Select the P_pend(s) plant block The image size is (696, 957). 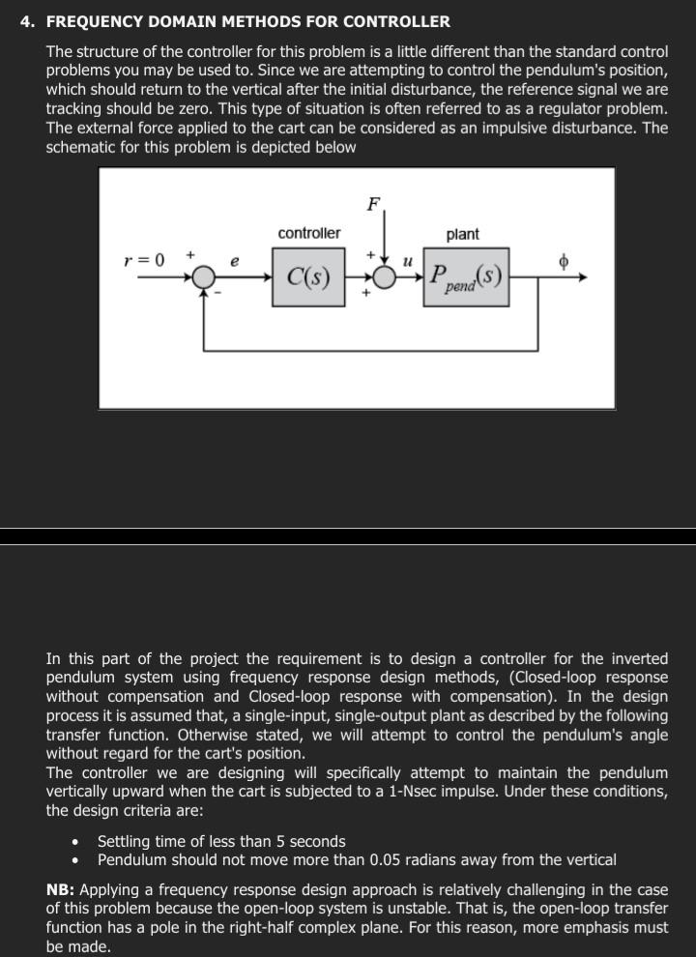point(465,277)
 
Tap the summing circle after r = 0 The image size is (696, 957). point(203,277)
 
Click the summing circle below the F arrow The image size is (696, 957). point(385,277)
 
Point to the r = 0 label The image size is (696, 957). point(144,260)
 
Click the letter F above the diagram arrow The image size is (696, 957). point(373,204)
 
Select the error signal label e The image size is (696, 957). point(235,261)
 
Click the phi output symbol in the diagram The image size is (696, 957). point(564,261)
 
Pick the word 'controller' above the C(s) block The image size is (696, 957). point(308,234)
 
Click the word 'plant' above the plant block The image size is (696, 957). point(462,234)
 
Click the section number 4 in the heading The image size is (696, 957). point(26,21)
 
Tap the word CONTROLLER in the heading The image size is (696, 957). point(398,21)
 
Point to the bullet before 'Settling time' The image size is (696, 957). point(75,842)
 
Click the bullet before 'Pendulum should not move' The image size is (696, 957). point(75,859)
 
